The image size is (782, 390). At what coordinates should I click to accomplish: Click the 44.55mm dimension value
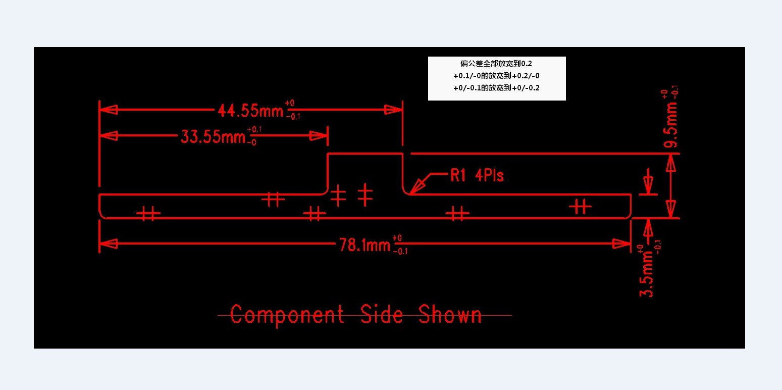[x=250, y=111]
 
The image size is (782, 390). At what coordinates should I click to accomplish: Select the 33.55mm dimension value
[x=213, y=136]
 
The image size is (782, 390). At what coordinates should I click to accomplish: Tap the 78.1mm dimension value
[x=364, y=245]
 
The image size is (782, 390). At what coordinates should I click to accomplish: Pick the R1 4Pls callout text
[x=477, y=175]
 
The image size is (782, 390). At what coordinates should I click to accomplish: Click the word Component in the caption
[x=287, y=315]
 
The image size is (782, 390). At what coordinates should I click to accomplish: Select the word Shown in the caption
[x=450, y=314]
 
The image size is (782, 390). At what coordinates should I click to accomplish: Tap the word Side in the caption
[x=381, y=314]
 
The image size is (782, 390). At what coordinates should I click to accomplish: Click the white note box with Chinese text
[x=497, y=78]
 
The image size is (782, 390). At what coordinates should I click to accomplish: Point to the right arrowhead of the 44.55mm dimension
[x=393, y=110]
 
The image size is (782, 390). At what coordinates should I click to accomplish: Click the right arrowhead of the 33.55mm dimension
[x=319, y=135]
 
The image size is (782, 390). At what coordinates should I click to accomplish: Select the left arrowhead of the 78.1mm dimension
[x=109, y=243]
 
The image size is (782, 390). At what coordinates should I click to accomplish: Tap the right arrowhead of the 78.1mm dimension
[x=621, y=243]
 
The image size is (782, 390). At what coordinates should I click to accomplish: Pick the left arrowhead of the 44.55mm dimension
[x=109, y=110]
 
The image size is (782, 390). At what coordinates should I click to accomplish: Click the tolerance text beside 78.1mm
[x=400, y=245]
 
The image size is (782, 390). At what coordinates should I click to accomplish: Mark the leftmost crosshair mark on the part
[x=148, y=213]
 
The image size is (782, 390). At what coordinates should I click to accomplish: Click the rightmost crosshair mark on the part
[x=580, y=207]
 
